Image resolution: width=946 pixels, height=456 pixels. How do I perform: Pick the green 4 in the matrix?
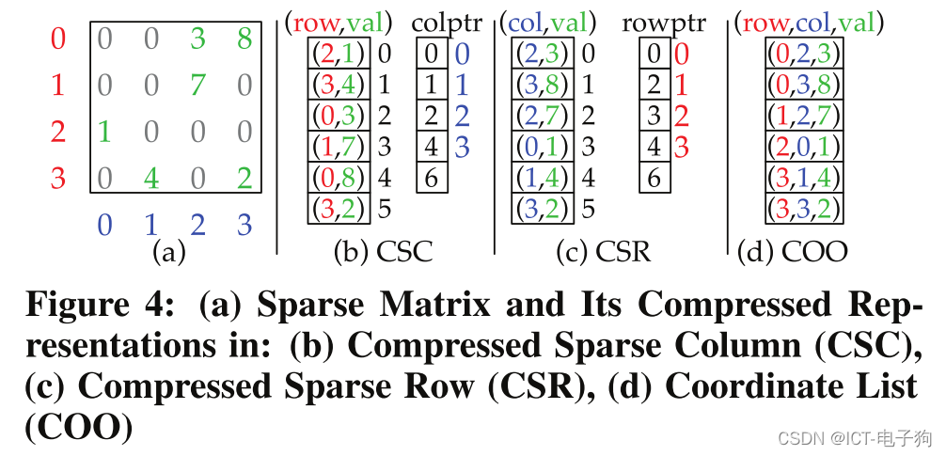point(150,178)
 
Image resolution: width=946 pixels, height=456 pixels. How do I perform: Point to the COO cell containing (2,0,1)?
point(802,147)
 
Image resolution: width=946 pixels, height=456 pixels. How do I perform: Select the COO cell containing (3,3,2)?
point(802,208)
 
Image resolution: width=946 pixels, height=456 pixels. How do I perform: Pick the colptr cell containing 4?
point(430,147)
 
